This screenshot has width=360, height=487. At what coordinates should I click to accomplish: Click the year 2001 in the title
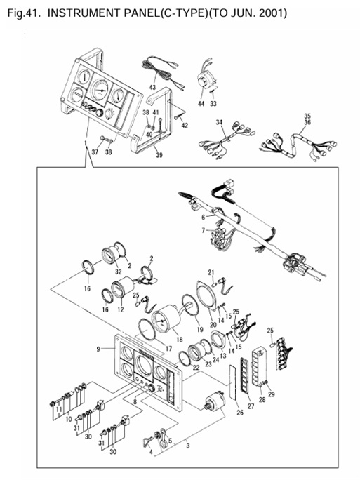(x=271, y=13)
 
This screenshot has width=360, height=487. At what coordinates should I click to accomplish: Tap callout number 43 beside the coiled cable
(x=153, y=86)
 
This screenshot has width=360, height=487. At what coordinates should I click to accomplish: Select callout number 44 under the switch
(x=201, y=103)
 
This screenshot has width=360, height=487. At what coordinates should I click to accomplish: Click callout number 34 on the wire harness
(x=220, y=122)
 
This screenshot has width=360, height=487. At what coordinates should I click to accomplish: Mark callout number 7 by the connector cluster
(x=204, y=230)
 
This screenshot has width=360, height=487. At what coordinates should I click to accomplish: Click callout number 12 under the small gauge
(x=121, y=309)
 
